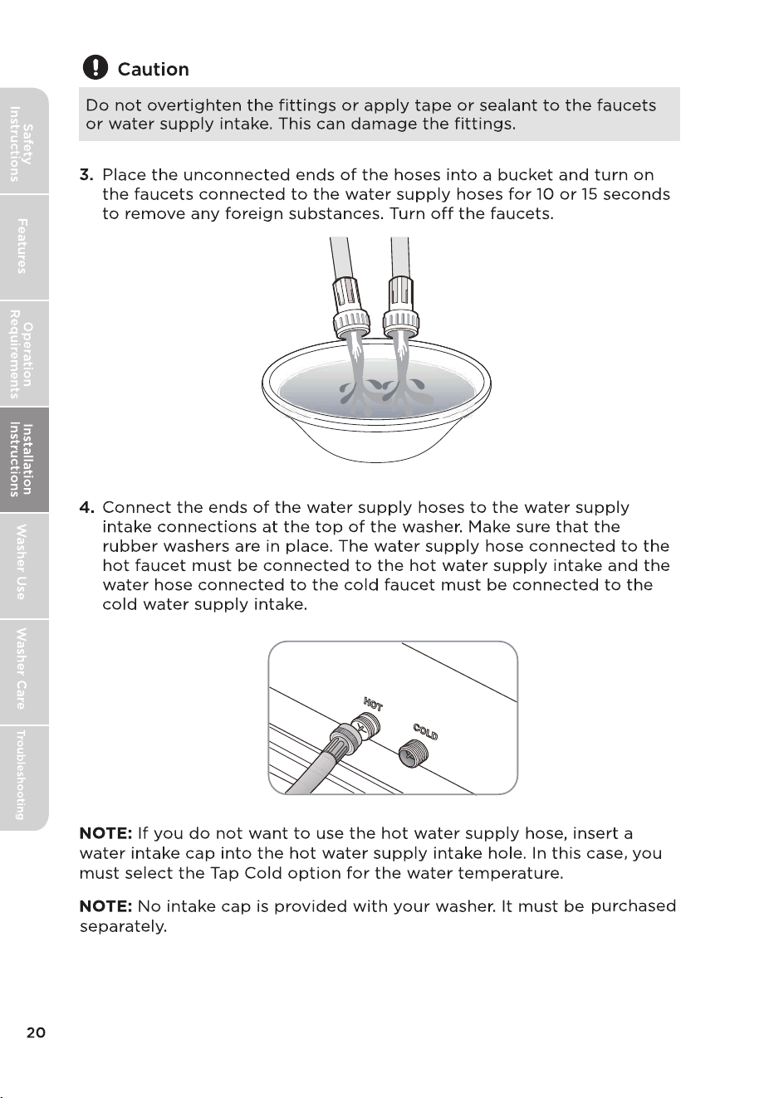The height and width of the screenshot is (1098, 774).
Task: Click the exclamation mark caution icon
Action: pyautogui.click(x=96, y=67)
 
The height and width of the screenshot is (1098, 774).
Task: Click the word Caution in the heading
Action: pyautogui.click(x=153, y=70)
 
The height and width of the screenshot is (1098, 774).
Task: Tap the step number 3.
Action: pyautogui.click(x=86, y=175)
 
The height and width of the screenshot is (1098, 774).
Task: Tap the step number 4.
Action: pyautogui.click(x=86, y=507)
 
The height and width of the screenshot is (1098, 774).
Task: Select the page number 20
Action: pyautogui.click(x=36, y=1032)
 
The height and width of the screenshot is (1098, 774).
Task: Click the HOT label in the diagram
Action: pyautogui.click(x=373, y=704)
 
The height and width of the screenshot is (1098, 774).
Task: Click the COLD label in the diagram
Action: pyautogui.click(x=425, y=731)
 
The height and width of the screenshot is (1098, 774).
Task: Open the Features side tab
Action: pyautogui.click(x=22, y=246)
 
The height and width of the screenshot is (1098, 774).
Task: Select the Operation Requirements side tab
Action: pyautogui.click(x=22, y=354)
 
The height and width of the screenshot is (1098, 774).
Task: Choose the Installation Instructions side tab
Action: pyautogui.click(x=22, y=460)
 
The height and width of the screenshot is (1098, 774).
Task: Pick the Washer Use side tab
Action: pyautogui.click(x=22, y=566)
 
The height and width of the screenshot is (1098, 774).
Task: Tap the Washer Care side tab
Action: pyautogui.click(x=22, y=672)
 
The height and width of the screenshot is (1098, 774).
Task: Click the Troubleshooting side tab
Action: pyautogui.click(x=22, y=778)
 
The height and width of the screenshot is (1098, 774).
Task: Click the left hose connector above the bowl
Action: pyautogui.click(x=350, y=308)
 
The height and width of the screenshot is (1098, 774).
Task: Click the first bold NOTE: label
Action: pyautogui.click(x=106, y=833)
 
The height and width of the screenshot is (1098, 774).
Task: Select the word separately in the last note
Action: pyautogui.click(x=123, y=927)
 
